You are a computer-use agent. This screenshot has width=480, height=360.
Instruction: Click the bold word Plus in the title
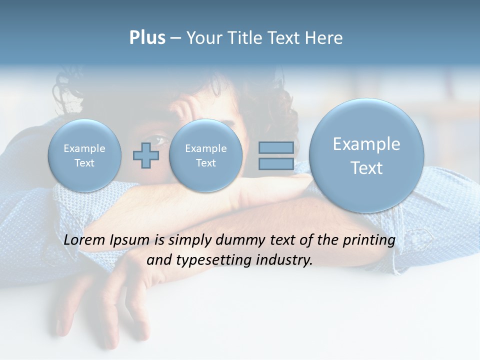(147, 38)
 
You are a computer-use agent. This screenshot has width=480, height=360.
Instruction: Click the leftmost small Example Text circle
(84, 155)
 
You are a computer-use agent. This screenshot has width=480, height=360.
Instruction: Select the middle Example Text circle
(205, 155)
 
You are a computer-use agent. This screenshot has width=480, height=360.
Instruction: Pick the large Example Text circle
(366, 155)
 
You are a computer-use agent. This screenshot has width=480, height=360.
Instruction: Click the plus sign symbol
(146, 155)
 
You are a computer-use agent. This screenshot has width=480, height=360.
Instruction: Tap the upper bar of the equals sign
(276, 147)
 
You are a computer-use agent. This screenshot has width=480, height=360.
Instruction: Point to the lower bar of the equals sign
(276, 164)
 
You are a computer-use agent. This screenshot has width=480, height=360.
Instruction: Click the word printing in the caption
(369, 240)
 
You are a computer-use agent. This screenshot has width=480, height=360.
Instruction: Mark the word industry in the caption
(284, 260)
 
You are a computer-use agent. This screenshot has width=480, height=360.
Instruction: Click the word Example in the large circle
(366, 144)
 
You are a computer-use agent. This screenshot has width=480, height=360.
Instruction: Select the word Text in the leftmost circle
(84, 163)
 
